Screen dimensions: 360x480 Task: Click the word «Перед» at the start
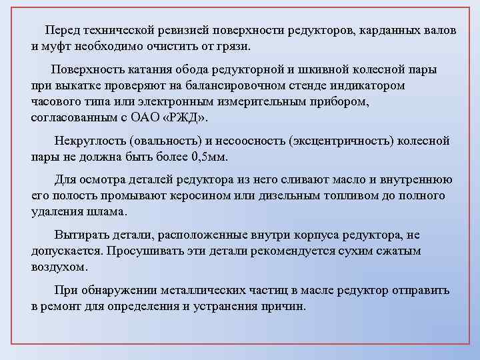coord(61,31)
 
